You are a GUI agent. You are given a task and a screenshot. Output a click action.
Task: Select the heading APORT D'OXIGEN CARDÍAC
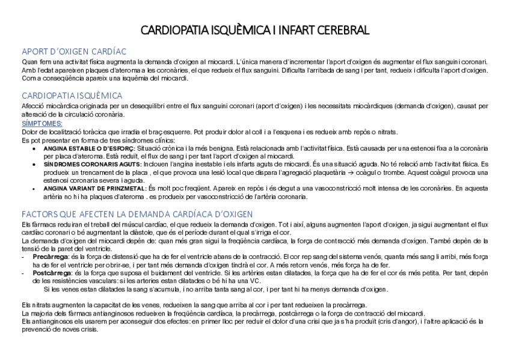74,52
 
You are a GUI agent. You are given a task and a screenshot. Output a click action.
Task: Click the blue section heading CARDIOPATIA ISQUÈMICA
72,96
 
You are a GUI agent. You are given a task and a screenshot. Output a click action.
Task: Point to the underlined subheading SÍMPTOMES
42,123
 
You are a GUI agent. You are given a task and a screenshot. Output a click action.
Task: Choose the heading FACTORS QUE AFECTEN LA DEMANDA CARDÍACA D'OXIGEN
137,214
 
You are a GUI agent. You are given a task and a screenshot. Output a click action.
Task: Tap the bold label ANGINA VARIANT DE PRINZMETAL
95,188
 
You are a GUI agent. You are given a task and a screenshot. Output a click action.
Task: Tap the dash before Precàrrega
23,256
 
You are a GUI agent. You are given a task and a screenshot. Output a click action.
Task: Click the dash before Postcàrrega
23,273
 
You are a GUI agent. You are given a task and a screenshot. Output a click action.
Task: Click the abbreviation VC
255,281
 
